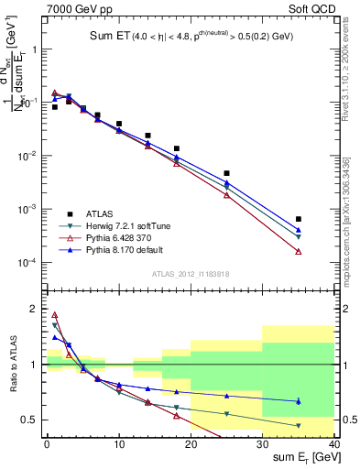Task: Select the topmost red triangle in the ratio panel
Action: [55, 315]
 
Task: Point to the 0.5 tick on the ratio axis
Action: [35, 420]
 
